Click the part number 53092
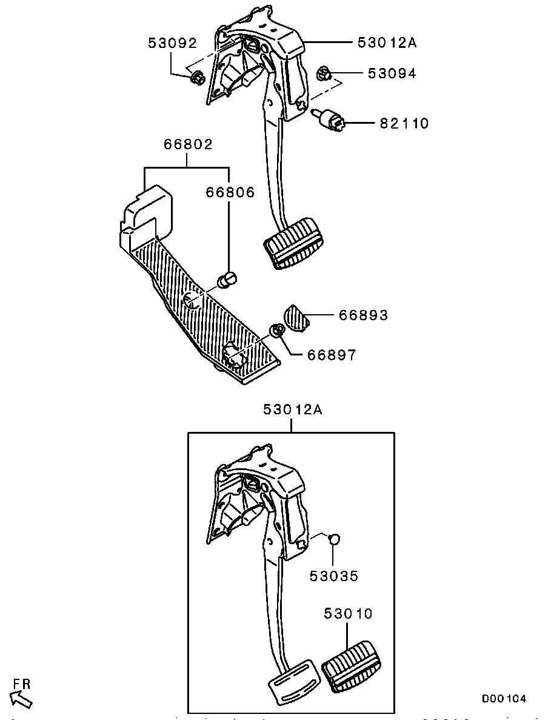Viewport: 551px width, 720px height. (x=172, y=43)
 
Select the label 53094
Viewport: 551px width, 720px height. (x=392, y=73)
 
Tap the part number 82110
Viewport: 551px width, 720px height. (x=404, y=124)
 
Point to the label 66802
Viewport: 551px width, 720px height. (x=188, y=144)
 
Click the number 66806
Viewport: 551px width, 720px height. (x=230, y=192)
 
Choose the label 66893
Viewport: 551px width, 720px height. (x=363, y=315)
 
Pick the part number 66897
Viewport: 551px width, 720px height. (x=331, y=355)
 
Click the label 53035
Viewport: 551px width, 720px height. (x=333, y=576)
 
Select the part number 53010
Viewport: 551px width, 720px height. (x=348, y=613)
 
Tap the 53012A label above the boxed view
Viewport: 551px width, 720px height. (x=293, y=409)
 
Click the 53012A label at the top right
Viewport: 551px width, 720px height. (x=387, y=42)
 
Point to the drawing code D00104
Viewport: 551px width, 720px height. (x=504, y=699)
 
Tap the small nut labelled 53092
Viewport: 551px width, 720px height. (x=196, y=77)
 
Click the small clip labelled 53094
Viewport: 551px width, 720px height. (x=324, y=73)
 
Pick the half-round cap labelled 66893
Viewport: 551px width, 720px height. (x=296, y=317)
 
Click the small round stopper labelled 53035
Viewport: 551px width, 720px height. (x=335, y=539)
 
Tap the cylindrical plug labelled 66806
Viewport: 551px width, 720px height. (x=227, y=280)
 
